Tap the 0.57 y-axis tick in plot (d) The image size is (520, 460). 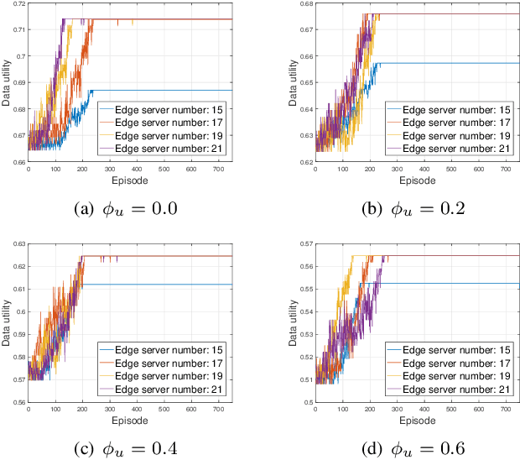click(x=303, y=243)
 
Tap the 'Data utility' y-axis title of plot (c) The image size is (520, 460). click(x=6, y=322)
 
